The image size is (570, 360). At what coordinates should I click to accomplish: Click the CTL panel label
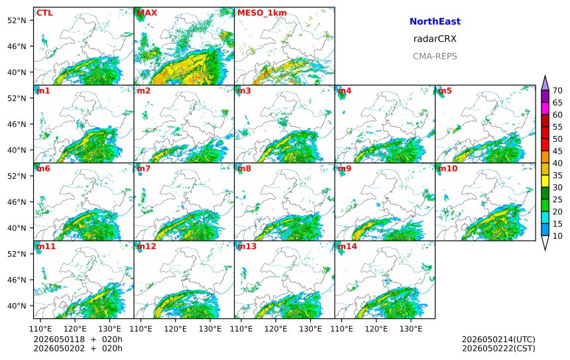[x=44, y=13]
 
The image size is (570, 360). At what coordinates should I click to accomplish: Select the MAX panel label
[x=147, y=13]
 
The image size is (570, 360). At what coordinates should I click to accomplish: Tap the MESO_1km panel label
[x=262, y=13]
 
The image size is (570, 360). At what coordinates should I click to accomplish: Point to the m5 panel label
[x=445, y=91]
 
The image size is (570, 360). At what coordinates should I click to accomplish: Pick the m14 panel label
[x=347, y=246]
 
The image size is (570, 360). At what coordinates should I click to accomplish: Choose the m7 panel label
[x=144, y=168]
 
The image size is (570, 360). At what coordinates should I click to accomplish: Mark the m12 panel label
[x=146, y=246]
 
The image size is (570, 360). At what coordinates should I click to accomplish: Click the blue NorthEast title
[x=435, y=21]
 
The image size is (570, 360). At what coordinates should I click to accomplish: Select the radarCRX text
[x=435, y=39]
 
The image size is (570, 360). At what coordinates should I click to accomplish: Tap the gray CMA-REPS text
[x=435, y=56]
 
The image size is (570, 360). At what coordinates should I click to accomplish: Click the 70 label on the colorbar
[x=557, y=91]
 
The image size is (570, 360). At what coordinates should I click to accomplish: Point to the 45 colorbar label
[x=557, y=151]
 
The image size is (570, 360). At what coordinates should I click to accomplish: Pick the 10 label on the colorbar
[x=557, y=236]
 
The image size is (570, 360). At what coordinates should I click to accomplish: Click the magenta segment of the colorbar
[x=545, y=108]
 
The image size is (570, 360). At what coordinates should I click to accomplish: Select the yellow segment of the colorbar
[x=545, y=181]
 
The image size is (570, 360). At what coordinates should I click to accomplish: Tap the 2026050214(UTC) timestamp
[x=498, y=339]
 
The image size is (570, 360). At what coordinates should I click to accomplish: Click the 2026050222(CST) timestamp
[x=498, y=348]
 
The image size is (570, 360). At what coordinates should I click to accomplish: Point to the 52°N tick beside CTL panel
[x=17, y=21]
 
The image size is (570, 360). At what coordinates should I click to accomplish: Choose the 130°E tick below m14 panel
[x=411, y=329]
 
